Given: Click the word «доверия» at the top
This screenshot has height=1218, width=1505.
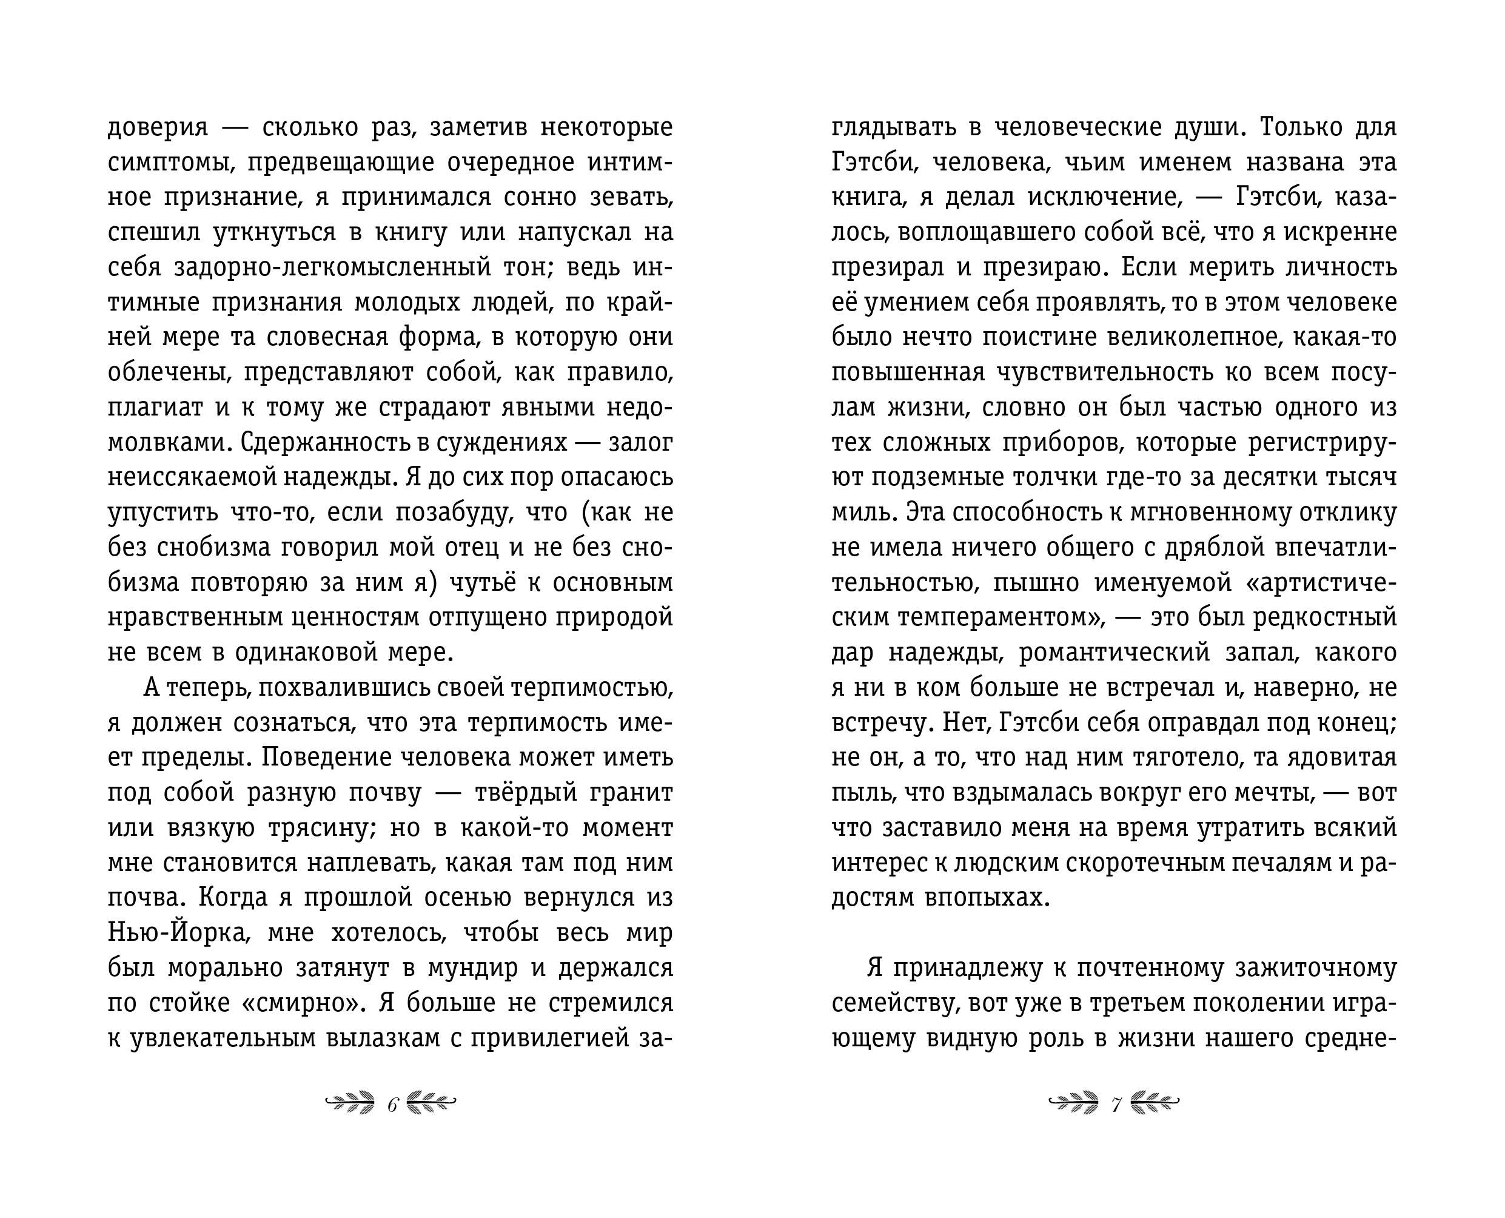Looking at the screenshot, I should click(x=158, y=129).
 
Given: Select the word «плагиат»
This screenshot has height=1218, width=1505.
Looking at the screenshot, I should click(x=155, y=408).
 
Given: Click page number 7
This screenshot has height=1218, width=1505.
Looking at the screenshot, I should click(x=1116, y=1106).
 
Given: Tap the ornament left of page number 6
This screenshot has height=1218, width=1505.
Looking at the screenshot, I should click(x=350, y=1105).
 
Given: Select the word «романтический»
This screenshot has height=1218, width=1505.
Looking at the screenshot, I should click(x=1115, y=653).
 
